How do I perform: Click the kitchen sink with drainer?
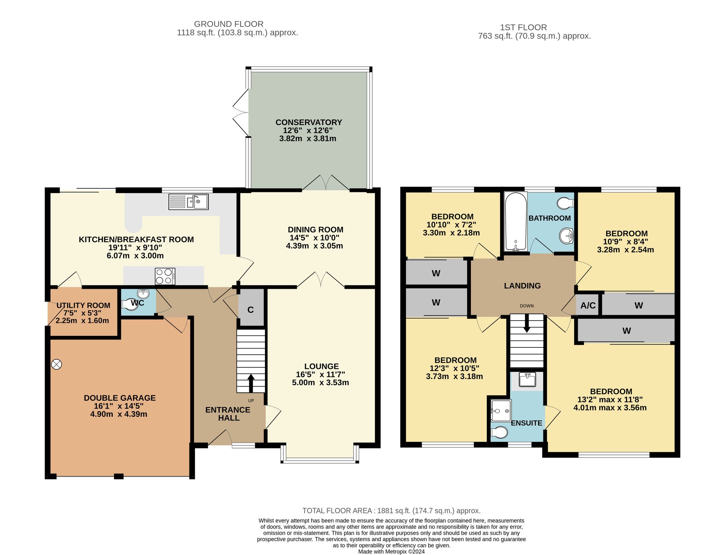pyautogui.click(x=188, y=202)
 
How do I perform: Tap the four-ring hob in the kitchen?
pyautogui.click(x=165, y=276)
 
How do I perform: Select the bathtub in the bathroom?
pyautogui.click(x=515, y=221)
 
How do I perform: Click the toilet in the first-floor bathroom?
pyautogui.click(x=566, y=203)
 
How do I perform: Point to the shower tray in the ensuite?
pyautogui.click(x=501, y=411)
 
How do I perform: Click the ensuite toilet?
pyautogui.click(x=499, y=432)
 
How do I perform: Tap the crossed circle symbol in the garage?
pyautogui.click(x=57, y=364)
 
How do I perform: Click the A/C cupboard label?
pyautogui.click(x=588, y=305)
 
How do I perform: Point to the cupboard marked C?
pyautogui.click(x=251, y=307)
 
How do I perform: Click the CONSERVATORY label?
pyautogui.click(x=309, y=122)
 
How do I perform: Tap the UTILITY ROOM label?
pyautogui.click(x=83, y=305)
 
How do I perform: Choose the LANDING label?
pyautogui.click(x=522, y=286)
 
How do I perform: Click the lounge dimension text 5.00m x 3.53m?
pyautogui.click(x=320, y=383)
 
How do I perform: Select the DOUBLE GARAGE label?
pyautogui.click(x=120, y=398)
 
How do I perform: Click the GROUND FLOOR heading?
pyautogui.click(x=229, y=24)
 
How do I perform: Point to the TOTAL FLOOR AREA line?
pyautogui.click(x=391, y=511)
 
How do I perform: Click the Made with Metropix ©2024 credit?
pyautogui.click(x=391, y=552)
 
